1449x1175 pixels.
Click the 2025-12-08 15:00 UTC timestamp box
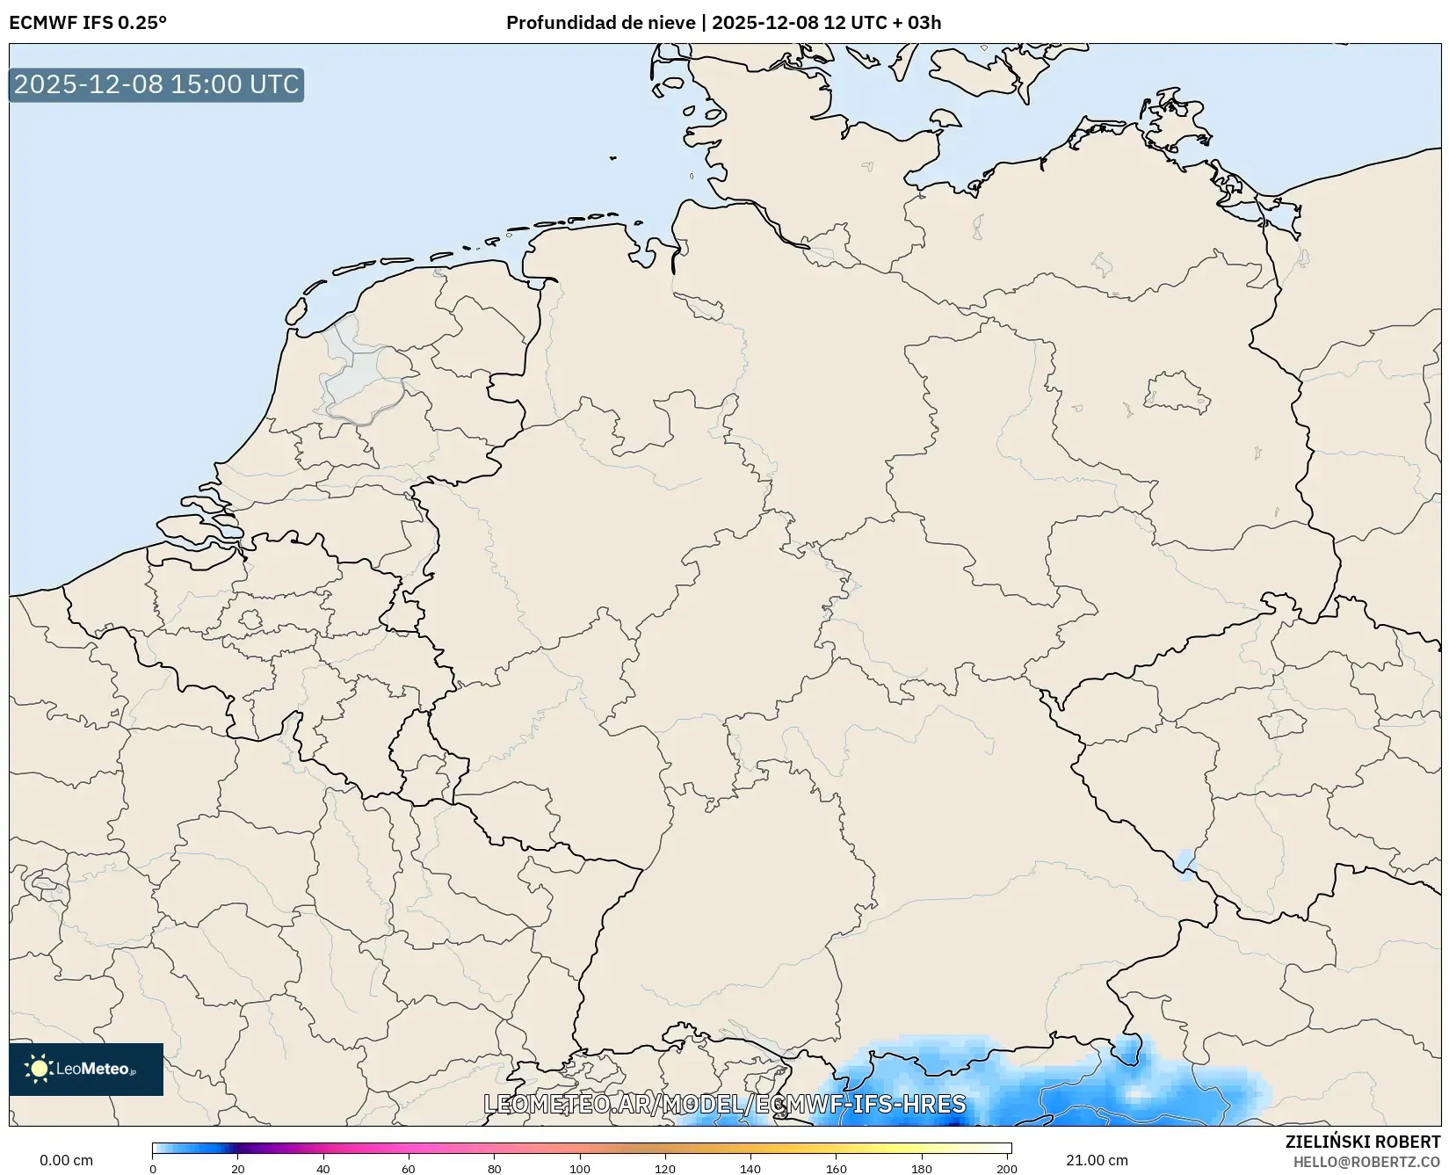pyautogui.click(x=156, y=84)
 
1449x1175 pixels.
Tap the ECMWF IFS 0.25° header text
pyautogui.click(x=88, y=23)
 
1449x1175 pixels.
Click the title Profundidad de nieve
pyautogui.click(x=601, y=23)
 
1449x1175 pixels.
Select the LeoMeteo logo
pyautogui.click(x=86, y=1069)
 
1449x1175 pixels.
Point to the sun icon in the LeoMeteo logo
pyautogui.click(x=39, y=1069)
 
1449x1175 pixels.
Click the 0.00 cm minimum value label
pyautogui.click(x=66, y=1160)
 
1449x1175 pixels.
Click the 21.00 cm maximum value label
pyautogui.click(x=1097, y=1160)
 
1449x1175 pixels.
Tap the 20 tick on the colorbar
pyautogui.click(x=238, y=1168)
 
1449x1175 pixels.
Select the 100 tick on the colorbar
pyautogui.click(x=580, y=1168)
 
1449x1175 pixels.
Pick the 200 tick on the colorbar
pyautogui.click(x=1007, y=1168)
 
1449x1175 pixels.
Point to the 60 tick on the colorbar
pyautogui.click(x=409, y=1168)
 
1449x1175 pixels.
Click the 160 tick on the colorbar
pyautogui.click(x=837, y=1168)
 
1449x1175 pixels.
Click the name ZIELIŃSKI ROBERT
pyautogui.click(x=1363, y=1142)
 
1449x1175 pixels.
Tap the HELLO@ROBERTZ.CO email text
pyautogui.click(x=1366, y=1162)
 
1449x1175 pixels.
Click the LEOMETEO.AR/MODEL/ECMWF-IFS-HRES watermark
pyautogui.click(x=725, y=1104)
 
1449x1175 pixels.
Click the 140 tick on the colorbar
pyautogui.click(x=750, y=1168)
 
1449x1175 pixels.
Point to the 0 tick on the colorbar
pyautogui.click(x=153, y=1168)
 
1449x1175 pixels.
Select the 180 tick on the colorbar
pyautogui.click(x=922, y=1168)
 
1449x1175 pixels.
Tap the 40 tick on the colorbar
pyautogui.click(x=323, y=1168)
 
